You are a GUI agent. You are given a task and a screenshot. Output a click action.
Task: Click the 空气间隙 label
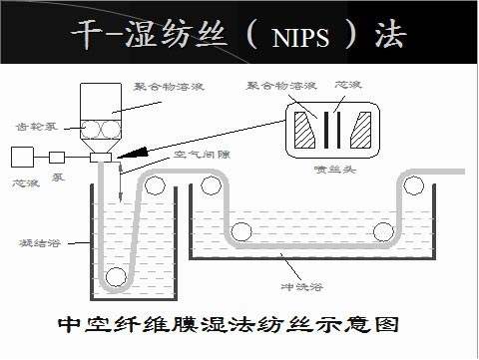[197, 156]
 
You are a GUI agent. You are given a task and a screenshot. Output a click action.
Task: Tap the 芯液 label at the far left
[23, 183]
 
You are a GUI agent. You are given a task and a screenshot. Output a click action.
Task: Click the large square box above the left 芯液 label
[22, 156]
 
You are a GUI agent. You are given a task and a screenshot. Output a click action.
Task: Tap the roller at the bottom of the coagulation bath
[118, 275]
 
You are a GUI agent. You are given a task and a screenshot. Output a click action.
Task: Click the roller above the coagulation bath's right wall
[155, 181]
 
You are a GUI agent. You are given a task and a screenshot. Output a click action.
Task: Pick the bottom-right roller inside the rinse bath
[382, 231]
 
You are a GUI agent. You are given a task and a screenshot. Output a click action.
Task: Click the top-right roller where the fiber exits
[410, 181]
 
